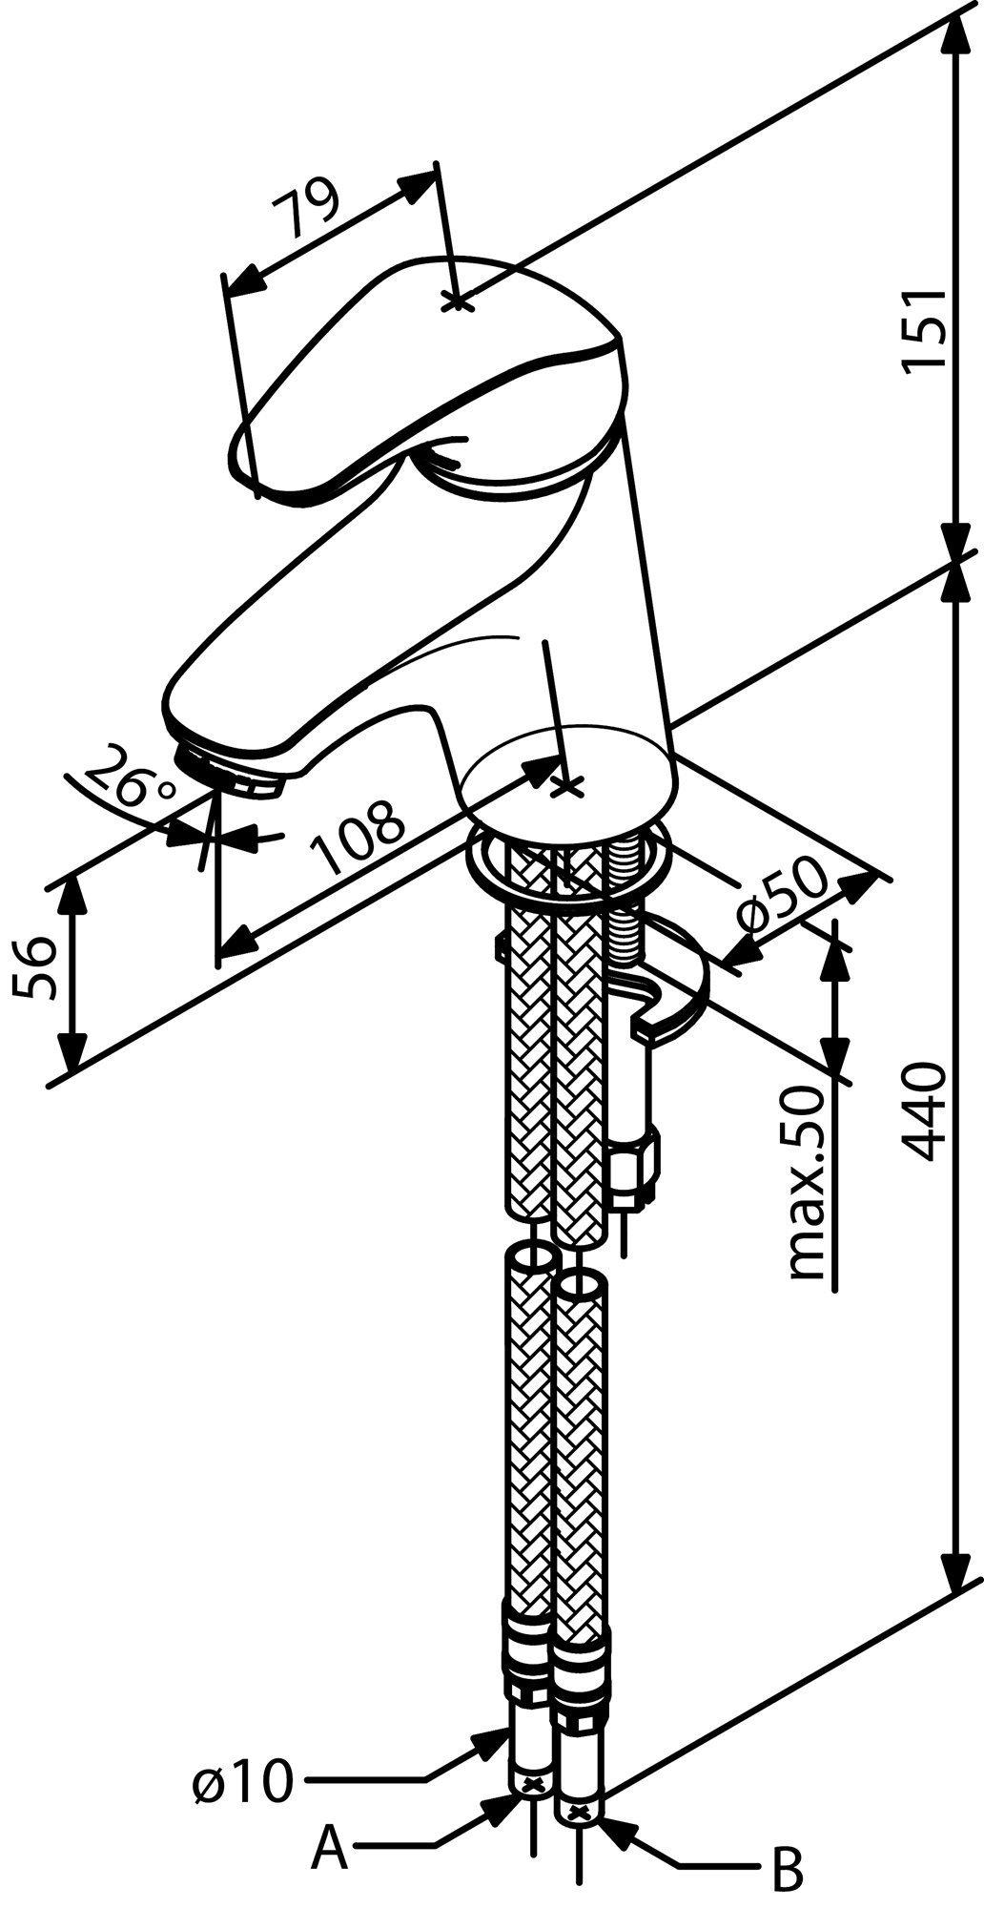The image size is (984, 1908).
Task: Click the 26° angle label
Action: pos(134,778)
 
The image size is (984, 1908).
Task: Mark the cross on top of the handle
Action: pos(457,301)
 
